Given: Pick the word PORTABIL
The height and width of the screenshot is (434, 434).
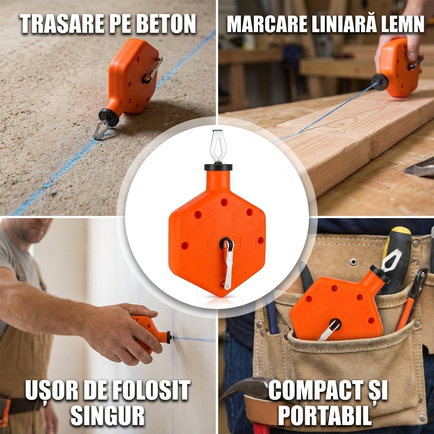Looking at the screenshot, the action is click(325, 415).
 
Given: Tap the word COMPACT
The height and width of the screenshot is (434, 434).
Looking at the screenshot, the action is click(313, 390).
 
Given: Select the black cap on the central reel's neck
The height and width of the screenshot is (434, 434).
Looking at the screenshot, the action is click(218, 167).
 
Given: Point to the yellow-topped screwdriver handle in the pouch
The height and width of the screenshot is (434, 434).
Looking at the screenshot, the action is click(396, 260).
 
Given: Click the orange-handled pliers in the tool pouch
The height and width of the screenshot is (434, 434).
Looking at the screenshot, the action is click(413, 299).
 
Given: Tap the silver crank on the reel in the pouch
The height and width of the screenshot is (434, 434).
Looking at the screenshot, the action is click(329, 329).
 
